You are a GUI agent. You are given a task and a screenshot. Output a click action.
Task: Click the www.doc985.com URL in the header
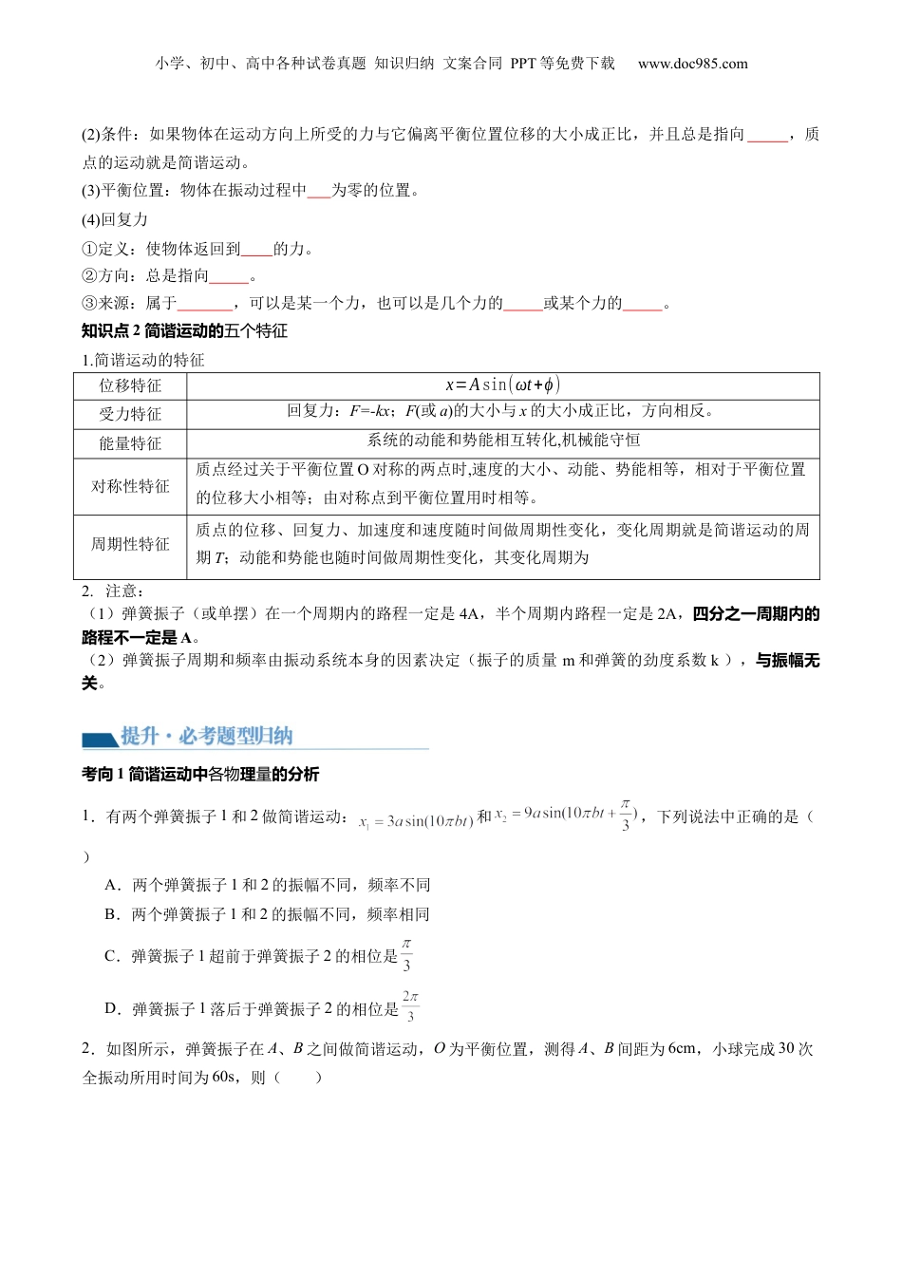[x=692, y=64]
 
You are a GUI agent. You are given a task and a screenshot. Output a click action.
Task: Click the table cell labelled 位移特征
[x=130, y=385]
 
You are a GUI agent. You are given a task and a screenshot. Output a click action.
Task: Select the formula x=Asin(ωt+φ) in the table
[x=502, y=385]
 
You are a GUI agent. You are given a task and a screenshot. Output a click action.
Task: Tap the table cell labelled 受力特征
[x=130, y=414]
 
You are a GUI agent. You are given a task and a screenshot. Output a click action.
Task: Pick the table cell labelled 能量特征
[x=130, y=443]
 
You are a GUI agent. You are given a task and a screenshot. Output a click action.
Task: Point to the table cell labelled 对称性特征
[x=130, y=486]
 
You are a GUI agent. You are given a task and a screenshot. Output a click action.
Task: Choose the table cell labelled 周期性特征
[x=130, y=544]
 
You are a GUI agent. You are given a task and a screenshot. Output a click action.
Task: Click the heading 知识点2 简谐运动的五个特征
[x=184, y=330]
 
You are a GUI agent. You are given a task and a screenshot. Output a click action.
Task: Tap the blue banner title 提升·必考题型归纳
[x=207, y=736]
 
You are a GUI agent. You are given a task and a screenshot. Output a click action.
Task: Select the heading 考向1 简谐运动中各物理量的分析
[x=200, y=774]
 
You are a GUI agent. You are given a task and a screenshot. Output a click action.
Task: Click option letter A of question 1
[x=113, y=885]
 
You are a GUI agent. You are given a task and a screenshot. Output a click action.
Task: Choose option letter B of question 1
[x=113, y=914]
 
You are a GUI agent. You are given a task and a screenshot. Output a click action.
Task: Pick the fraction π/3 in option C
[x=406, y=955]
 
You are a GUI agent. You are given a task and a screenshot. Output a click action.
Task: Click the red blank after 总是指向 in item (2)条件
[x=767, y=136]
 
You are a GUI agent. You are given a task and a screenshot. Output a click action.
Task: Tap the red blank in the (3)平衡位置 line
[x=319, y=192]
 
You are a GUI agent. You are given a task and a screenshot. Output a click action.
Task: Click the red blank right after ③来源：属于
[x=205, y=305]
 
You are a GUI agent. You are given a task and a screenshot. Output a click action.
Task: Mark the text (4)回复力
[x=115, y=219]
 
